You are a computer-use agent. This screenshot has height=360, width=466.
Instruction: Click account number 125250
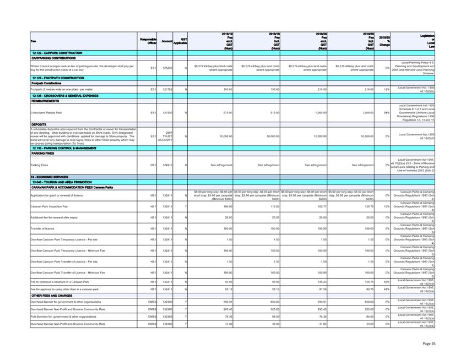tap(167, 68)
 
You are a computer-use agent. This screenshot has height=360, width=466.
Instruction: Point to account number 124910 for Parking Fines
tap(167, 165)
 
